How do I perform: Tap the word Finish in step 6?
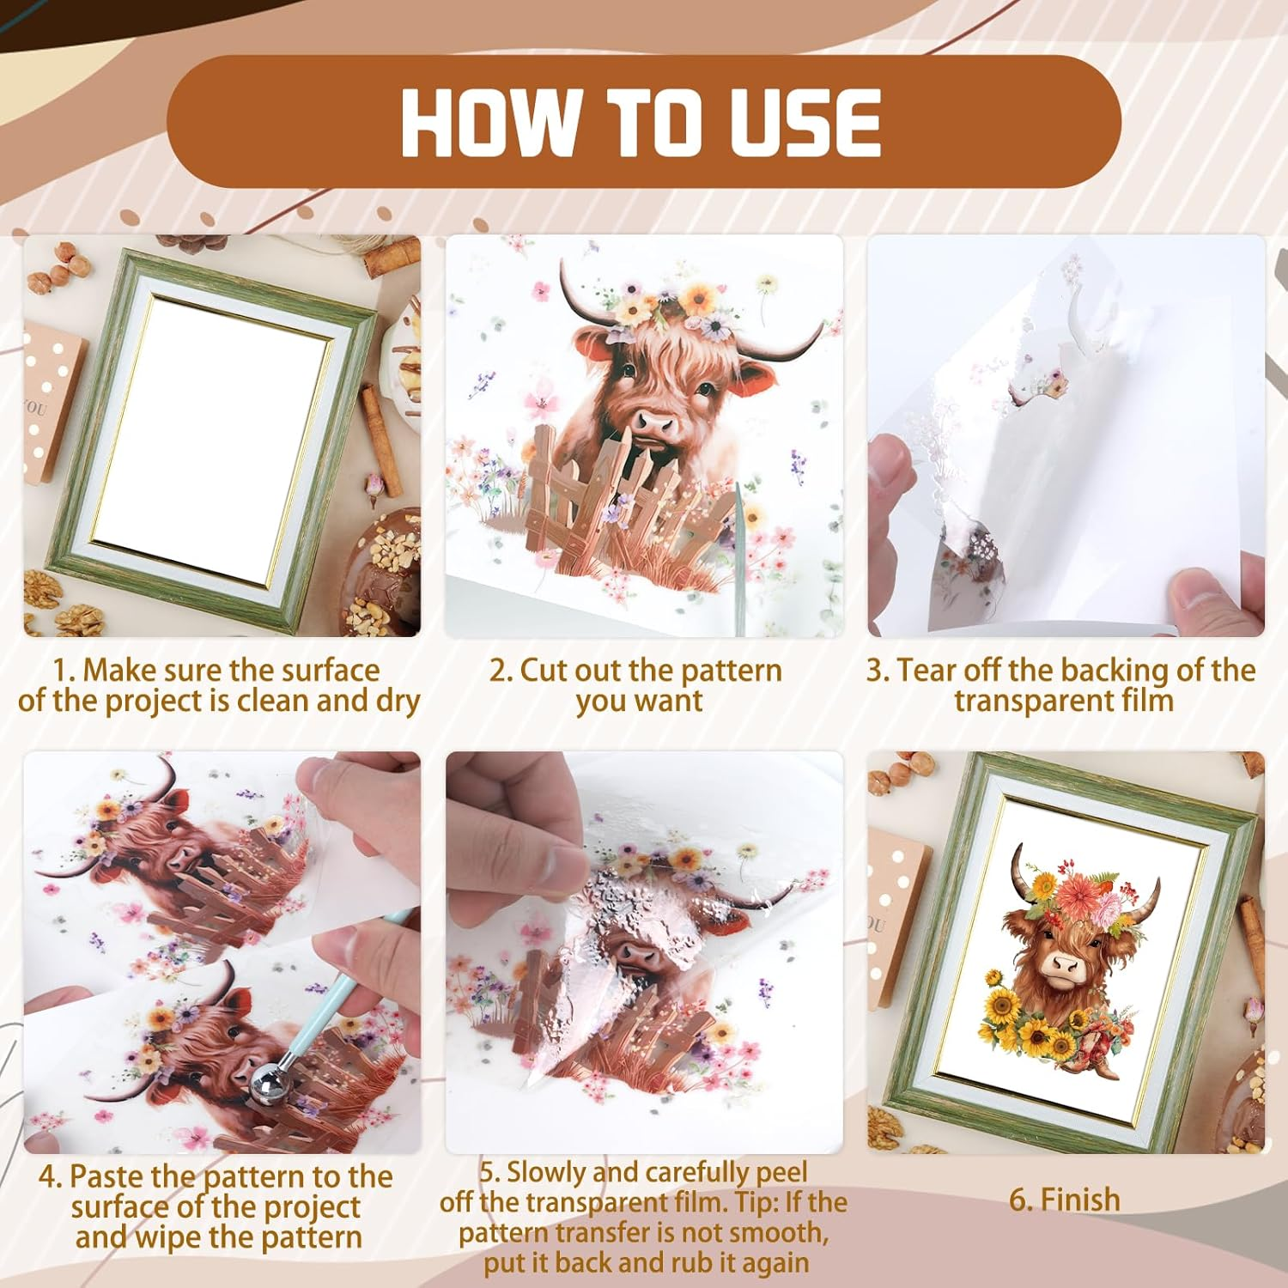pos(1079,1200)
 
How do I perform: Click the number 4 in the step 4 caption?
pos(50,1176)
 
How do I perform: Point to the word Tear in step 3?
pos(927,670)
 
